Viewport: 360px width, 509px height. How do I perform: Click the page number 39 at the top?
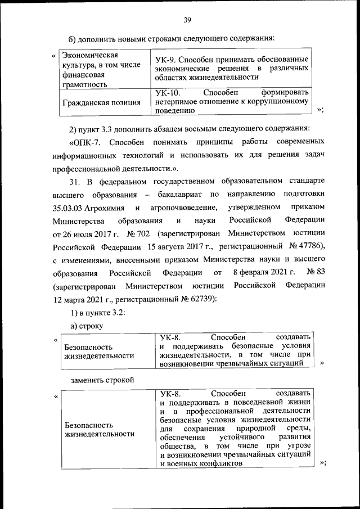[188, 21]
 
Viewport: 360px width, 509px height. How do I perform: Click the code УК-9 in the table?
[164, 60]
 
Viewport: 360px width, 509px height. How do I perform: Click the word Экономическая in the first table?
[89, 56]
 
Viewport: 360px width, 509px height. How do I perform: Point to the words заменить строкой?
[102, 380]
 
